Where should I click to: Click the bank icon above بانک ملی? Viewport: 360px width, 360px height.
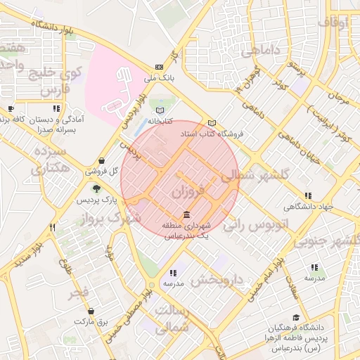(159, 67)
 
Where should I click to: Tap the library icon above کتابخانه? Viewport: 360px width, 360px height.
(160, 110)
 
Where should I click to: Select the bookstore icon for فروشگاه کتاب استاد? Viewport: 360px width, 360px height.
(212, 122)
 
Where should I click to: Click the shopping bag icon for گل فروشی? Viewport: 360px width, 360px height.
(103, 160)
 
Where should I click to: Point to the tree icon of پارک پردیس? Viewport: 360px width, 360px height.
(96, 188)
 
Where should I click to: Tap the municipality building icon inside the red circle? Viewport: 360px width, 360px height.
(186, 214)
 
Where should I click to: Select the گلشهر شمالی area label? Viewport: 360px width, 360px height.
(250, 176)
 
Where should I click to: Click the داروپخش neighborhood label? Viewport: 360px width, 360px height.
(217, 280)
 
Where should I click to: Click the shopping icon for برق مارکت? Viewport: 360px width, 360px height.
(91, 311)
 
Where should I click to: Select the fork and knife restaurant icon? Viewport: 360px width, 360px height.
(52, 227)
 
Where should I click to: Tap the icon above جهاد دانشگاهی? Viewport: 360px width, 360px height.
(308, 195)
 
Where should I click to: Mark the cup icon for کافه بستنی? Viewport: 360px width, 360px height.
(10, 109)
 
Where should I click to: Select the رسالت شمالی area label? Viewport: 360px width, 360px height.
(171, 319)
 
